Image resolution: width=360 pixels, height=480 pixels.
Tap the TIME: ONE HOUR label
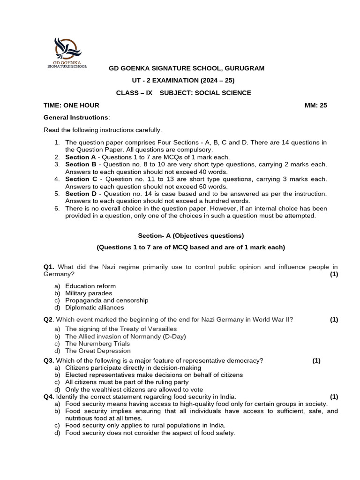(71, 105)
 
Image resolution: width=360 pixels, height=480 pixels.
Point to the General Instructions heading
(76, 118)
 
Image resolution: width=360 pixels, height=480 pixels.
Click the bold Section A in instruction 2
(80, 157)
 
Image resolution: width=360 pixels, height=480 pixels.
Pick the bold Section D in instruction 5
(81, 194)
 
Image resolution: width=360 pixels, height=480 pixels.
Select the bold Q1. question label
(49, 267)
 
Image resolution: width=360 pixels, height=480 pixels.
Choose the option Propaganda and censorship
(106, 300)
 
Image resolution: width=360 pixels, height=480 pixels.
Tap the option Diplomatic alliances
(94, 307)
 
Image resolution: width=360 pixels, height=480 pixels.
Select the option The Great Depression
(97, 351)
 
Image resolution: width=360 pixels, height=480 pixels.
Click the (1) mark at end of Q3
(316, 360)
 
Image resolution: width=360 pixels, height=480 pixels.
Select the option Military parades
(89, 293)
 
